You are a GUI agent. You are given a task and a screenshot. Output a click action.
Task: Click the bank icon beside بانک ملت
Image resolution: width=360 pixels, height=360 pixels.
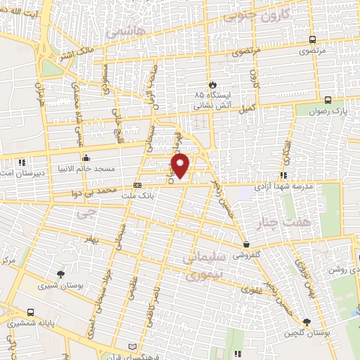[x=136, y=186]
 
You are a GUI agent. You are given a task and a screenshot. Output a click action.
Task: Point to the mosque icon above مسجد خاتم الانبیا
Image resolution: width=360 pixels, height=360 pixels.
[x=85, y=157]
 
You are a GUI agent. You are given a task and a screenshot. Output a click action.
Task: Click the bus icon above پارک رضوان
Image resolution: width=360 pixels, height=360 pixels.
[x=328, y=98]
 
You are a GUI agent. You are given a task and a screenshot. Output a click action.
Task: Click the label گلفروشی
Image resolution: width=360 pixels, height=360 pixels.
[x=247, y=254]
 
